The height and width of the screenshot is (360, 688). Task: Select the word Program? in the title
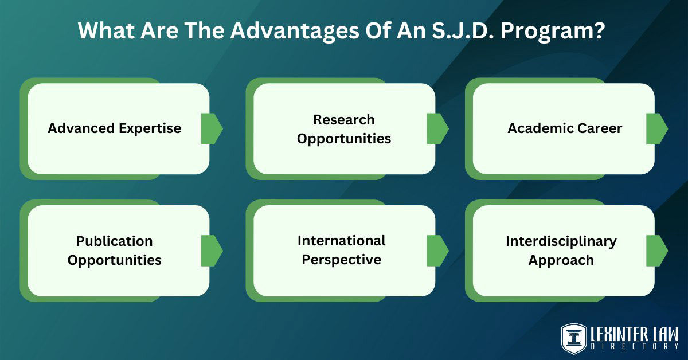(554, 30)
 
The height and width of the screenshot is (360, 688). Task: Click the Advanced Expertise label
(114, 128)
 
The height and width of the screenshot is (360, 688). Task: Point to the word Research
(343, 120)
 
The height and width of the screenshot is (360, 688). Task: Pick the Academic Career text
(564, 128)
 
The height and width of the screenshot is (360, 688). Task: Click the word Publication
(114, 241)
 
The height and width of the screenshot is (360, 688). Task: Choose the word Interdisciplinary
(561, 241)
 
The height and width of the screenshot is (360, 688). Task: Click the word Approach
(561, 260)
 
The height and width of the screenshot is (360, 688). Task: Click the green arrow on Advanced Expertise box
(211, 128)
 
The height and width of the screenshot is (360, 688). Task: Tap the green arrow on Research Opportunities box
(437, 128)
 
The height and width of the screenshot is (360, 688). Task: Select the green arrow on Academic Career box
(656, 128)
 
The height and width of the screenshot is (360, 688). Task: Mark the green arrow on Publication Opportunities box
(211, 251)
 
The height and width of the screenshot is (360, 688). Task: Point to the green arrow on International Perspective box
(437, 251)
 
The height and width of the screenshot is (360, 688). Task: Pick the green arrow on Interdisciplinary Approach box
(656, 251)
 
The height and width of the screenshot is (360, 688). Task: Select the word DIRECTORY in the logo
(634, 346)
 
